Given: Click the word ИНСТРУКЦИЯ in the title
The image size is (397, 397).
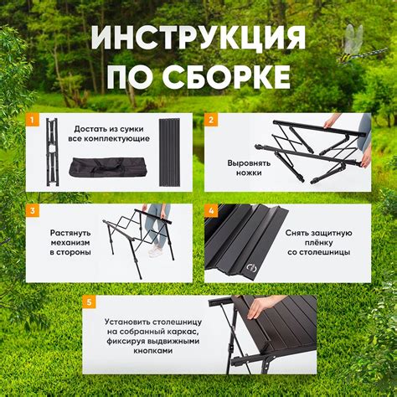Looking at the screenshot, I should (198, 39).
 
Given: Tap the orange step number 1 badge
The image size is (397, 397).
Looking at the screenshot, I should (32, 120).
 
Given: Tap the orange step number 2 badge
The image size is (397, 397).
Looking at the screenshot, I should (211, 120).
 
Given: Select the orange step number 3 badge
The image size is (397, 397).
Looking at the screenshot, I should (32, 210).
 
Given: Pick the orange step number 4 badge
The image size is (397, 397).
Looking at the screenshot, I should (211, 210).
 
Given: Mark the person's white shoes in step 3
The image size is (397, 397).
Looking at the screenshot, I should (155, 250).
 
